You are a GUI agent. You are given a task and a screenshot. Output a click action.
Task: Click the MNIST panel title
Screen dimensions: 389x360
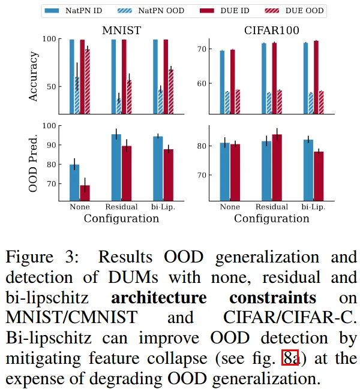[x=121, y=30]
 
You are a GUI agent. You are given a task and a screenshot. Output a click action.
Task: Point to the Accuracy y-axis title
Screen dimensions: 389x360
[x=34, y=76]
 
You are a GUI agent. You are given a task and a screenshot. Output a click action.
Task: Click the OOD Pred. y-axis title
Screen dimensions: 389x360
[x=34, y=163]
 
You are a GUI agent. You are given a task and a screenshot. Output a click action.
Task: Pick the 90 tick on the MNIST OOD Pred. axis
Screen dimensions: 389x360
[x=50, y=145]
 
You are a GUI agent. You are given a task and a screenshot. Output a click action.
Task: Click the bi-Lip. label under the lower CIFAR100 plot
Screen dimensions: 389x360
[x=313, y=207]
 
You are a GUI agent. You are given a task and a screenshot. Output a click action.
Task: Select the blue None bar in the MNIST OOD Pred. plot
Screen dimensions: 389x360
[x=74, y=182]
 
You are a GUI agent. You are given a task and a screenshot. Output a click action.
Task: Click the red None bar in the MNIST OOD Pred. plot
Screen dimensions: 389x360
[x=85, y=192]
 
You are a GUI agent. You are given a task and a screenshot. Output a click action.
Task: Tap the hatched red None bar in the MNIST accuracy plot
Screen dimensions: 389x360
[x=88, y=81]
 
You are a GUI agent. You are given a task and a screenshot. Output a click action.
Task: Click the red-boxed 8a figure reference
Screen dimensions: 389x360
[x=290, y=360]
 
